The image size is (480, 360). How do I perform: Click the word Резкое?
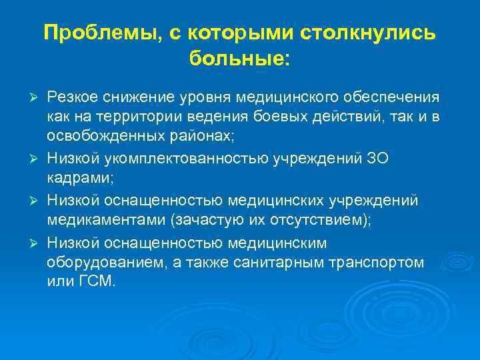point(72,99)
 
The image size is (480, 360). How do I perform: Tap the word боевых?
point(297,117)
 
